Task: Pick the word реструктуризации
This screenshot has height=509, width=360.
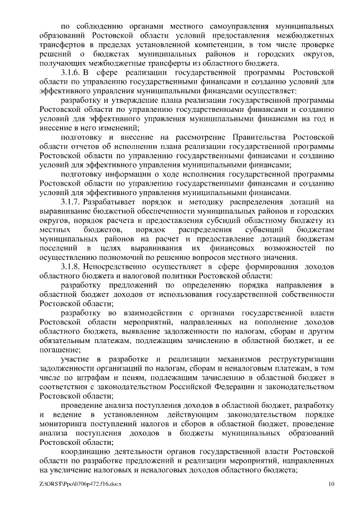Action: tap(300, 358)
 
